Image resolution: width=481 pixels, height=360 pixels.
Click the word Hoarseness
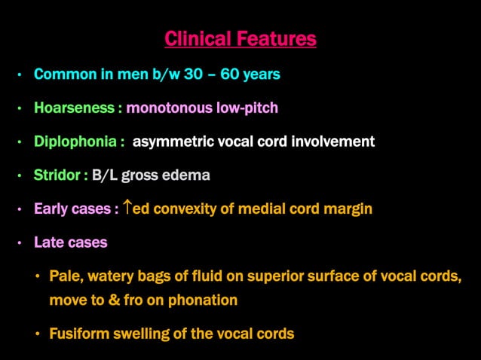pyautogui.click(x=75, y=108)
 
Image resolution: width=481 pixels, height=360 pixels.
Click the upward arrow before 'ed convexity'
pyautogui.click(x=127, y=209)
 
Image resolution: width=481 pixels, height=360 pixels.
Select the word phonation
pyautogui.click(x=204, y=300)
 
